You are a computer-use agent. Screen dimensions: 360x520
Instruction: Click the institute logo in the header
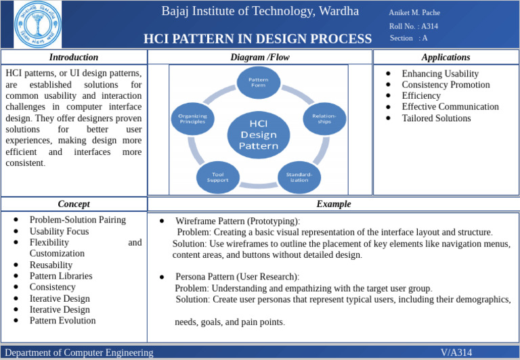point(37,24)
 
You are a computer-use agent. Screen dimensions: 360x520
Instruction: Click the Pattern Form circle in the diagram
point(258,83)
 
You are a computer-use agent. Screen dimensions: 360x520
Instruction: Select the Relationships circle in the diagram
point(324,118)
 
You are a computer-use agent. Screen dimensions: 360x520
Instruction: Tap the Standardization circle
point(299,177)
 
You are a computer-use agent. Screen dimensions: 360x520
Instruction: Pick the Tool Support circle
point(217,177)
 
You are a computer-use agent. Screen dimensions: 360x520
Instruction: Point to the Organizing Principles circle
point(192,118)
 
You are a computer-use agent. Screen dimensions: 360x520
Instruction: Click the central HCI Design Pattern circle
point(258,134)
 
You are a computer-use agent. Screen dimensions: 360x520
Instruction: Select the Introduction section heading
point(74,58)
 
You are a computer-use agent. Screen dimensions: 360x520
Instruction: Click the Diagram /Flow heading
point(260,58)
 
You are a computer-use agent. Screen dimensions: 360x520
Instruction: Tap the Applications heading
point(446,58)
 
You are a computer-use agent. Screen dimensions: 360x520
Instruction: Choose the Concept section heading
point(74,204)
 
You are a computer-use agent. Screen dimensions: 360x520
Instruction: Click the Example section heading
point(334,204)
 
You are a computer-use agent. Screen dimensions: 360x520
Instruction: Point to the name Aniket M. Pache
point(414,13)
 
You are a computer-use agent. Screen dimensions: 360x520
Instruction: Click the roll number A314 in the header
point(429,26)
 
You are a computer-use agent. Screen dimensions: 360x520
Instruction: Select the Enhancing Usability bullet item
point(440,74)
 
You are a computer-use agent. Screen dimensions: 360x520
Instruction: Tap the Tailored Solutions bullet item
point(436,118)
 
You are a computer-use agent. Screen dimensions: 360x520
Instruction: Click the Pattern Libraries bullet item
point(61,276)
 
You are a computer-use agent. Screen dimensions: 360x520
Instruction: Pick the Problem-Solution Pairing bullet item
point(78,220)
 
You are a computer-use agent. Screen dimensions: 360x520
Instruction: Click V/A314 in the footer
point(456,353)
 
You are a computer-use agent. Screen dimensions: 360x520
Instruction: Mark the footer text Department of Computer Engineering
point(79,353)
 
